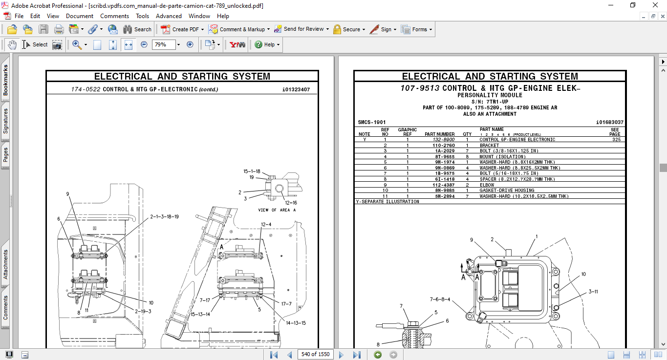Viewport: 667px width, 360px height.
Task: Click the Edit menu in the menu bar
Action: point(35,16)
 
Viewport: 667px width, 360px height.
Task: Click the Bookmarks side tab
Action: point(5,81)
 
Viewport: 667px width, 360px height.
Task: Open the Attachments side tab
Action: point(5,264)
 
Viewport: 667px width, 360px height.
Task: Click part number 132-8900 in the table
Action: point(444,140)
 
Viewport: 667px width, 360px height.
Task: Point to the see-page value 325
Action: point(616,140)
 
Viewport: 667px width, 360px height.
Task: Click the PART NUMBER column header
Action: point(439,134)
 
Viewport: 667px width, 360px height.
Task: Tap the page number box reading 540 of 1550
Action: point(315,354)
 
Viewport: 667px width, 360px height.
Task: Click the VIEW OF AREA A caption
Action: point(277,210)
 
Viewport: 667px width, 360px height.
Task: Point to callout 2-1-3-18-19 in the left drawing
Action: point(164,216)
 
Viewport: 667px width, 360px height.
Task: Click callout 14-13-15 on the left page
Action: point(296,323)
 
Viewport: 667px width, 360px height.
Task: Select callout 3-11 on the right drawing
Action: point(593,292)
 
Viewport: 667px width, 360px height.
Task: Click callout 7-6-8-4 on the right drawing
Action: point(440,299)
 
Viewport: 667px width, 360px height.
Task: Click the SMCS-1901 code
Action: point(372,122)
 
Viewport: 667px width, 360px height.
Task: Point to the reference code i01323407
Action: point(296,89)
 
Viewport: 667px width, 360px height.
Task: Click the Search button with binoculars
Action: point(137,29)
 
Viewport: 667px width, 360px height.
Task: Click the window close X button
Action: point(656,5)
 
